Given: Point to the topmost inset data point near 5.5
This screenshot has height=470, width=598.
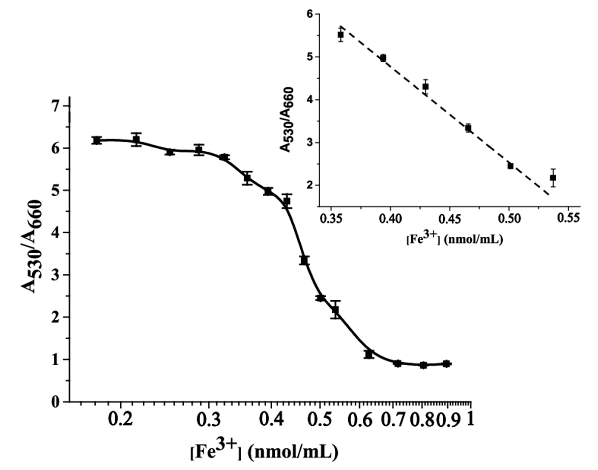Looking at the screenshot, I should (341, 35).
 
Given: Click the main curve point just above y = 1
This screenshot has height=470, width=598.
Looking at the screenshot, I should (369, 354).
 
